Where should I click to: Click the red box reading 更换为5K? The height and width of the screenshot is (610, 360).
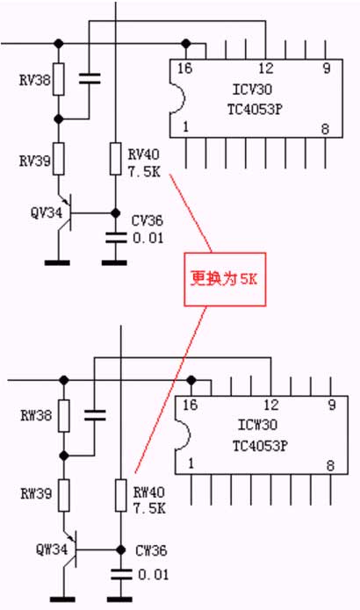pyautogui.click(x=225, y=279)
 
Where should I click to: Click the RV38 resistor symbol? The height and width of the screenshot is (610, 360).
pyautogui.click(x=58, y=79)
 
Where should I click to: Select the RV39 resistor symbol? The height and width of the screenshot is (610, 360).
pyautogui.click(x=58, y=158)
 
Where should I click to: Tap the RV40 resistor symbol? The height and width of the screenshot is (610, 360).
pyautogui.click(x=115, y=158)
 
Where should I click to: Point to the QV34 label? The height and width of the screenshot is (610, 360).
pyautogui.click(x=47, y=212)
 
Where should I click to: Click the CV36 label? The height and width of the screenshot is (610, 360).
pyautogui.click(x=148, y=221)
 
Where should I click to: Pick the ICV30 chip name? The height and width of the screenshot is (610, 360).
pyautogui.click(x=252, y=90)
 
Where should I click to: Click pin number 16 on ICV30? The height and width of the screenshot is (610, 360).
pyautogui.click(x=185, y=68)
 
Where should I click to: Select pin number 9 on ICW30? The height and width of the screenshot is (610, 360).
pyautogui.click(x=332, y=405)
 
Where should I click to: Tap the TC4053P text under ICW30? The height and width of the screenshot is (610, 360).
pyautogui.click(x=260, y=446)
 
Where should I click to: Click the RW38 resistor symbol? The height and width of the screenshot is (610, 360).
pyautogui.click(x=64, y=415)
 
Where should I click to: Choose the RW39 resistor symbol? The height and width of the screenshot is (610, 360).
pyautogui.click(x=64, y=495)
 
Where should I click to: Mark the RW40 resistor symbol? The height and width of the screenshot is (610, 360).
pyautogui.click(x=121, y=495)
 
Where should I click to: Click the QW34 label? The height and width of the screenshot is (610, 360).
pyautogui.click(x=52, y=549)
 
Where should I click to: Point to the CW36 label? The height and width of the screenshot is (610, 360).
pyautogui.click(x=151, y=550)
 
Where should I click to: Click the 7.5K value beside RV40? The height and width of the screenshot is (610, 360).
pyautogui.click(x=144, y=171)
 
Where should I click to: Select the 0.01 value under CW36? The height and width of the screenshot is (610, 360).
pyautogui.click(x=154, y=575)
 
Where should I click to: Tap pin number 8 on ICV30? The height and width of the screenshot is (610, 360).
pyautogui.click(x=326, y=129)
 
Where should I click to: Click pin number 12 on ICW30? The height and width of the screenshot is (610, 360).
pyautogui.click(x=271, y=405)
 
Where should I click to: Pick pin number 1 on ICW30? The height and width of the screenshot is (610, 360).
pyautogui.click(x=191, y=463)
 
